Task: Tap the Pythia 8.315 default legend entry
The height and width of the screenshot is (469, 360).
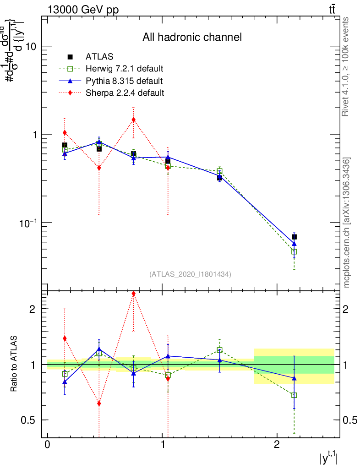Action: pos(124,81)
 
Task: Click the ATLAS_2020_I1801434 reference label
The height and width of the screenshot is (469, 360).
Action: pos(190,274)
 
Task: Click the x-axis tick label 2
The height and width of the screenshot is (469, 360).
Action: pos(277,445)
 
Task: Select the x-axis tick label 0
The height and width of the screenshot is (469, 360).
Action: pos(47,445)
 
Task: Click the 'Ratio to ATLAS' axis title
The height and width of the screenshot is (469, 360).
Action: pos(15,364)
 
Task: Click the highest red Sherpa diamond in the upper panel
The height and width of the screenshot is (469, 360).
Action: pos(133,120)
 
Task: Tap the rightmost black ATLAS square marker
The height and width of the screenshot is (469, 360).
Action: pos(294,237)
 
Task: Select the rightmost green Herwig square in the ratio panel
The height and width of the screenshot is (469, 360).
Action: pos(294,395)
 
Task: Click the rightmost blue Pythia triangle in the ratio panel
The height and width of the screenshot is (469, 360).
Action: pos(294,378)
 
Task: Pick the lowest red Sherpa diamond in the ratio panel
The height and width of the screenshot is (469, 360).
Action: pos(99,404)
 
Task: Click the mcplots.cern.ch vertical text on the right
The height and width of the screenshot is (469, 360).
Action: pos(347,223)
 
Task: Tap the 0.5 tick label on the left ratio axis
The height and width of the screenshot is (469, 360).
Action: pos(29,420)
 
